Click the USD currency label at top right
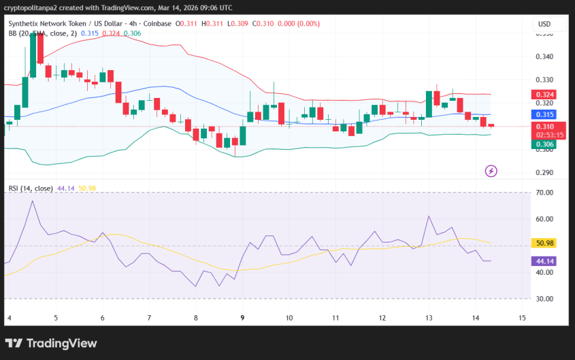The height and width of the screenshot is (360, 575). coord(544,24)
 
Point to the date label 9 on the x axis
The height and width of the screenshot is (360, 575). coord(243,318)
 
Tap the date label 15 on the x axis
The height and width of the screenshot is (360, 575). coord(522,318)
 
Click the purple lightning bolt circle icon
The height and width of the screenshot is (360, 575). coord(491,171)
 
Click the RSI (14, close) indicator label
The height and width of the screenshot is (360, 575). coord(31,189)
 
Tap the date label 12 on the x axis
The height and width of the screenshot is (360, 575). coord(382,318)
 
